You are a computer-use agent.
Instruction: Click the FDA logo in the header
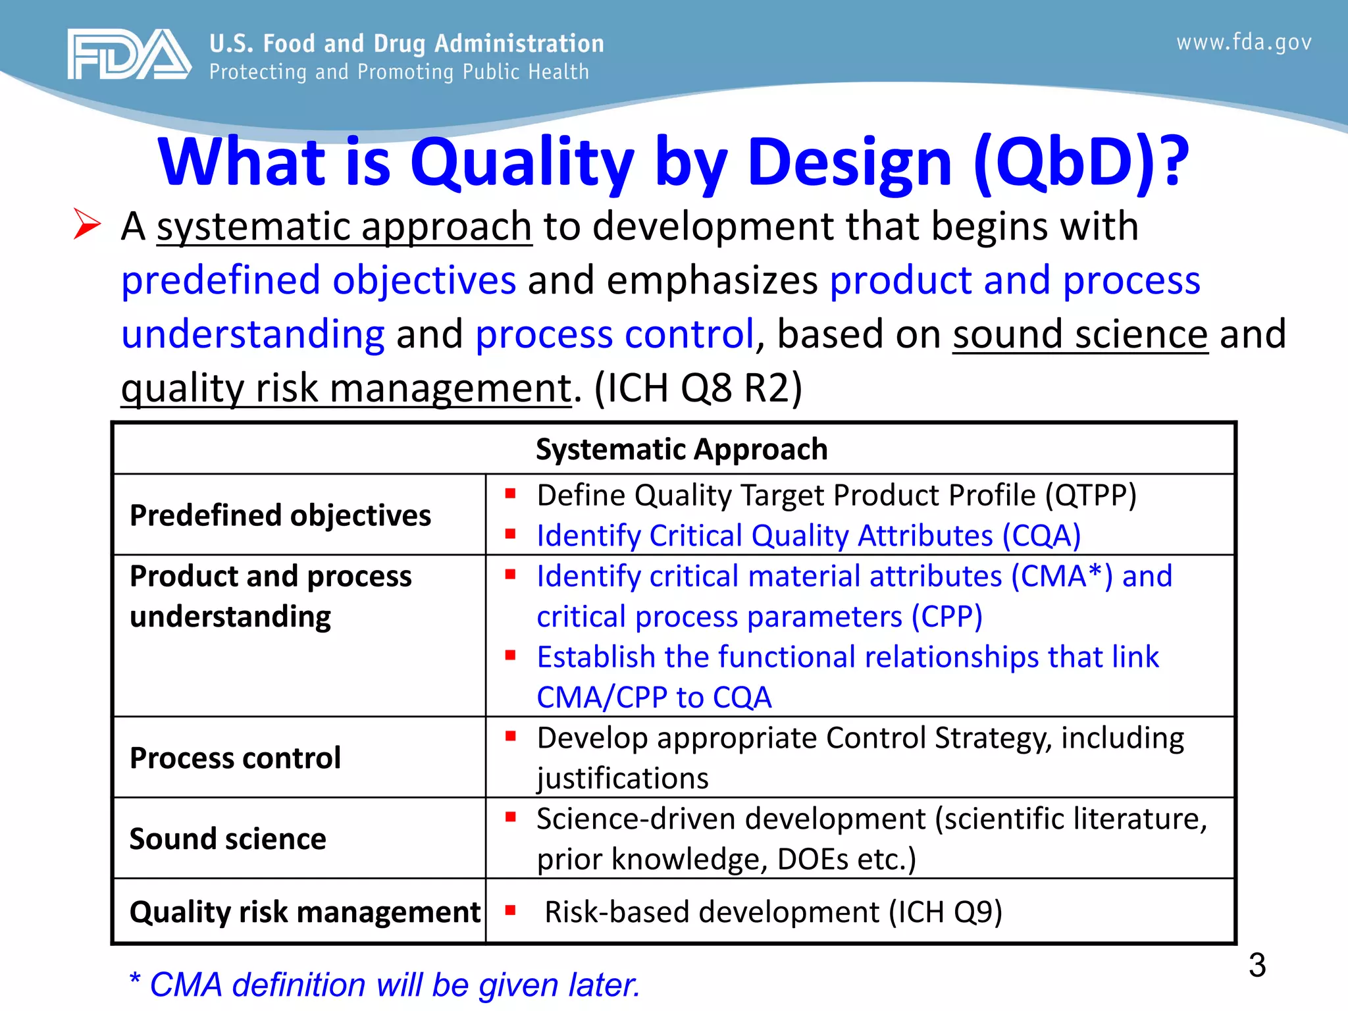tap(129, 55)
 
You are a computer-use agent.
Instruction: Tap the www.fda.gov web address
tap(1243, 43)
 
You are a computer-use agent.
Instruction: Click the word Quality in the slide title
tap(522, 162)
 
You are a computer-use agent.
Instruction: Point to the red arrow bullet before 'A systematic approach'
tap(87, 224)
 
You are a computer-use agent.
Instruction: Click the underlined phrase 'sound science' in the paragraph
tap(1080, 334)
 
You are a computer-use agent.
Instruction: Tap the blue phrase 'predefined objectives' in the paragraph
tap(319, 280)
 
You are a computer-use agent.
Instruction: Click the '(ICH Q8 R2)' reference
tap(698, 388)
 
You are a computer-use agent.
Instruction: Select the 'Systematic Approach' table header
tap(681, 450)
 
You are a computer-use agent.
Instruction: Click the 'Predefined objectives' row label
tap(280, 515)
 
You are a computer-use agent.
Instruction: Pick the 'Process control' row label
tap(235, 758)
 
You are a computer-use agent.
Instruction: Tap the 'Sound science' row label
tap(228, 839)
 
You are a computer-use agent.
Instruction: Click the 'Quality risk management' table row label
tap(305, 912)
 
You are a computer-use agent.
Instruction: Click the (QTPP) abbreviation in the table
tap(1091, 496)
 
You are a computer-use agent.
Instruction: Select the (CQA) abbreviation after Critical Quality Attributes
tap(1041, 536)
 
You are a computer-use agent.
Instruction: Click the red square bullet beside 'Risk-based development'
tap(510, 911)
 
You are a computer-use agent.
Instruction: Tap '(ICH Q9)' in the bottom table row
tap(945, 912)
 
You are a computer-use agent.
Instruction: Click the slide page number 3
tap(1257, 966)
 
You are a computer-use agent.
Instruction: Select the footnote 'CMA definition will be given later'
tap(385, 985)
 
